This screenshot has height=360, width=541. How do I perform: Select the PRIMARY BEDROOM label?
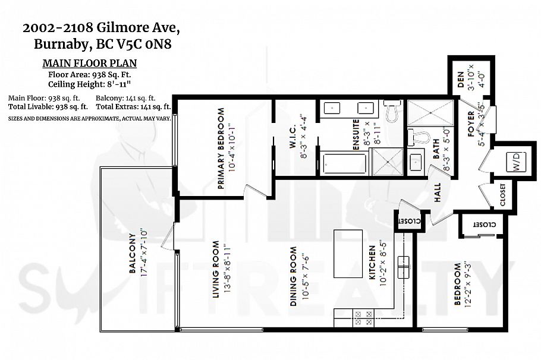(221, 148)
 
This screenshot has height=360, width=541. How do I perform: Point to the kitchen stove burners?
(363, 315)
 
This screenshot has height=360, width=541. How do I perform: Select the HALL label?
(437, 193)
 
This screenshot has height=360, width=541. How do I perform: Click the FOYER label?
(470, 128)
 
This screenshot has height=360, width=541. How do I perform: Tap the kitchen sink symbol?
(404, 268)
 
